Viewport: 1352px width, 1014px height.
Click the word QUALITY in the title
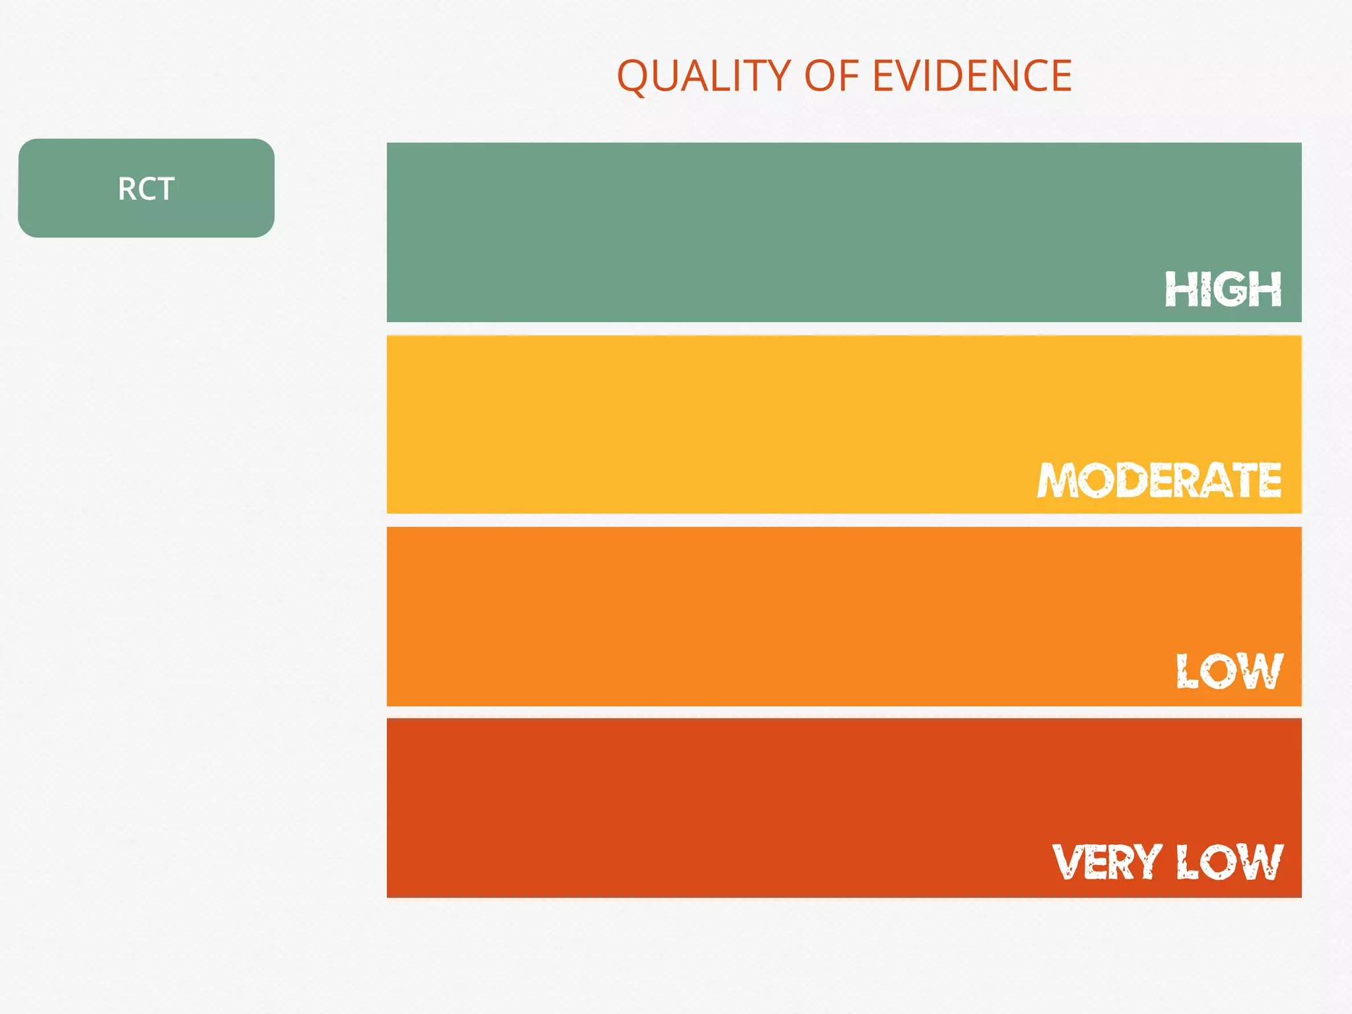coord(704,76)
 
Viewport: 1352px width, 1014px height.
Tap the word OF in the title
coord(831,76)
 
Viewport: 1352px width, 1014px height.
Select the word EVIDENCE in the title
coord(972,76)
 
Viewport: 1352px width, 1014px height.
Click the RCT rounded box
coord(146,188)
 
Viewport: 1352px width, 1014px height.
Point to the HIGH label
coord(1223,289)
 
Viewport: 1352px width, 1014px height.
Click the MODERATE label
coord(1159,480)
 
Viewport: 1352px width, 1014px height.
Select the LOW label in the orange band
coord(1229,671)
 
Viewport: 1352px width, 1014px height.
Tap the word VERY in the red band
coord(1106,862)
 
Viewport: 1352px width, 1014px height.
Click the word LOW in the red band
coord(1229,862)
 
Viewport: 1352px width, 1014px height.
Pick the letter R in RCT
coord(126,189)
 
